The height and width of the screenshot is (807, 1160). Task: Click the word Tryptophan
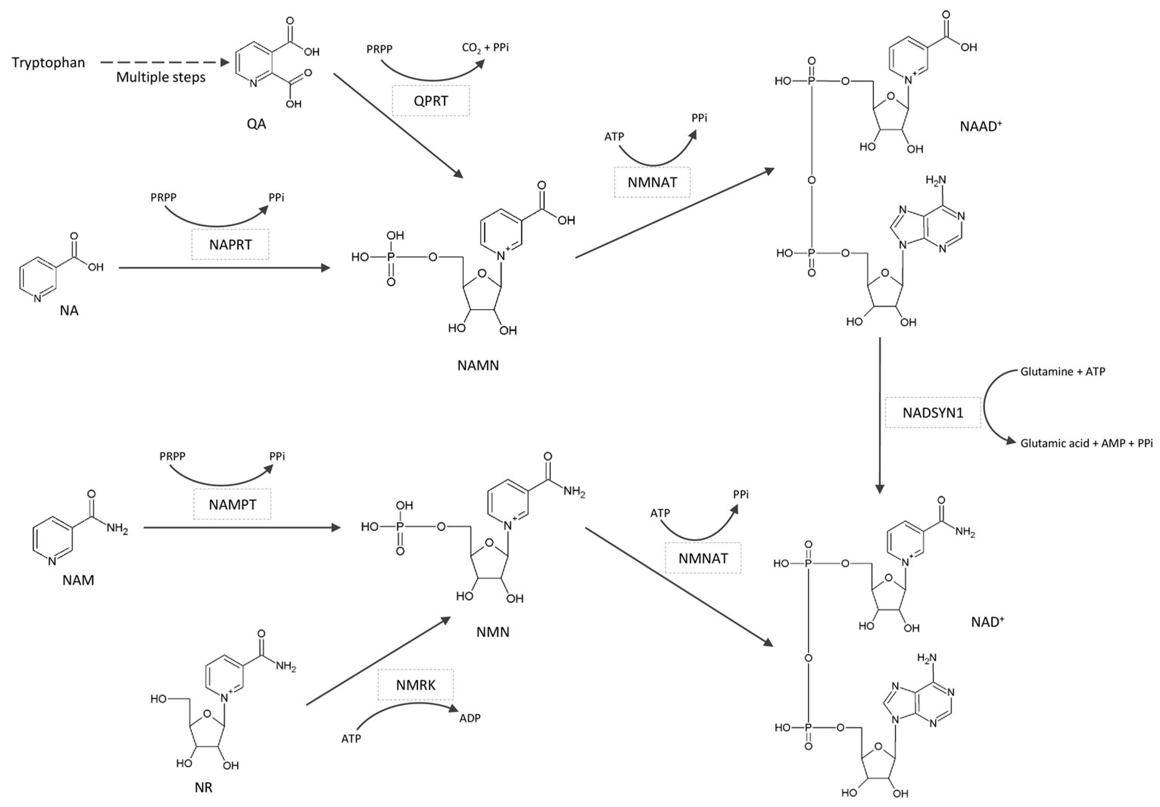click(48, 63)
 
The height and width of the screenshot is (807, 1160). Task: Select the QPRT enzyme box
click(430, 101)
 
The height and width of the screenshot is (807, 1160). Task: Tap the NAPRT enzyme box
click(230, 245)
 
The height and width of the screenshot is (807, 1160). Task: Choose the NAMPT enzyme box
click(232, 504)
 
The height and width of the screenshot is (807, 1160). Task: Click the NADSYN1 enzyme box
click(933, 413)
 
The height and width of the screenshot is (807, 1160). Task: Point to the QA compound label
click(257, 124)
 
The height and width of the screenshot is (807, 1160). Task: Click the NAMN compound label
click(478, 365)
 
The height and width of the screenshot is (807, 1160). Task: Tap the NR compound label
click(204, 787)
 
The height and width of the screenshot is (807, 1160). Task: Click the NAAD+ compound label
click(981, 126)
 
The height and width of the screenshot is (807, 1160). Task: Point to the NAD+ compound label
click(987, 622)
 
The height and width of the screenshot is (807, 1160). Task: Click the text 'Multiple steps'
click(161, 77)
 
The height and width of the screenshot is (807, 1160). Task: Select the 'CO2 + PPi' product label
click(485, 48)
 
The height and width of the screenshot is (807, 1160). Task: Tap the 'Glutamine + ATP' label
click(1062, 372)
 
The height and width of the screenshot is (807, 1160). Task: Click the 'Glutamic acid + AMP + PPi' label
click(1086, 443)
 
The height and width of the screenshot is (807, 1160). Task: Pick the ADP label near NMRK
click(470, 718)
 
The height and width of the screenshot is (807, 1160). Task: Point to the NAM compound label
click(78, 580)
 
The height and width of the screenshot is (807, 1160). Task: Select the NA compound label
click(69, 311)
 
